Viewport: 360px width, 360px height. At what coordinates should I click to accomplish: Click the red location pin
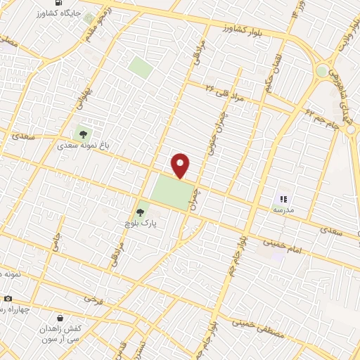(181, 165)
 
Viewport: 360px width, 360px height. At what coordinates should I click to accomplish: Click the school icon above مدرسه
(283, 199)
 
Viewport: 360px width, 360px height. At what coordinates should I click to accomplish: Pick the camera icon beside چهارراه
(7, 298)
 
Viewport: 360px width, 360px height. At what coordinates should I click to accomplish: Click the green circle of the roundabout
(323, 71)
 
